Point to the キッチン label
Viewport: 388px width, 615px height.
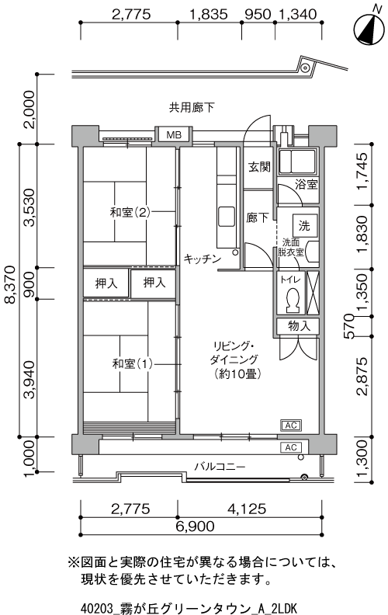203,259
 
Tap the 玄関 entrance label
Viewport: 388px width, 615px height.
258,166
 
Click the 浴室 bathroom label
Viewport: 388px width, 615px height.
305,185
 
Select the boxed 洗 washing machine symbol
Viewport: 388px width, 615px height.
305,225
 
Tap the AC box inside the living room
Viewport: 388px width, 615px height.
291,425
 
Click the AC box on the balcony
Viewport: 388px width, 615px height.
291,448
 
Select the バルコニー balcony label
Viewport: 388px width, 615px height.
220,467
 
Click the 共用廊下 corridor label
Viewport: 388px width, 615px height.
192,107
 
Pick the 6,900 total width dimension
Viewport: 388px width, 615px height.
201,526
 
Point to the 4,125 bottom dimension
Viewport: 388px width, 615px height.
249,509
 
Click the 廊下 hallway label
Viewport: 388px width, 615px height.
257,218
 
